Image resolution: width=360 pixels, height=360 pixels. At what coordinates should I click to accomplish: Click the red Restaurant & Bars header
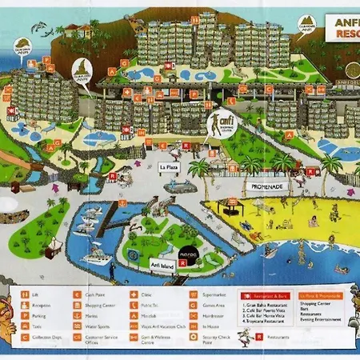point(271,294)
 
